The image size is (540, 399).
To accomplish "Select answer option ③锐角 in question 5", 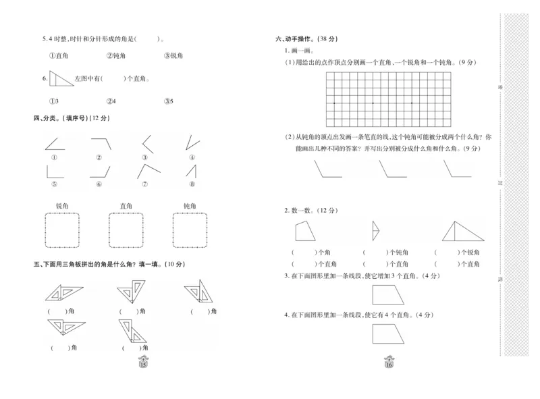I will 173,55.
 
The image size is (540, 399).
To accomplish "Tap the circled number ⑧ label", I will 192,184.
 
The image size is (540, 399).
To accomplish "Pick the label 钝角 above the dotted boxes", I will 190,206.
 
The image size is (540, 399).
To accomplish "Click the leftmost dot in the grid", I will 334,103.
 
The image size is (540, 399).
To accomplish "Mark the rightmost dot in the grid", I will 411,103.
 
